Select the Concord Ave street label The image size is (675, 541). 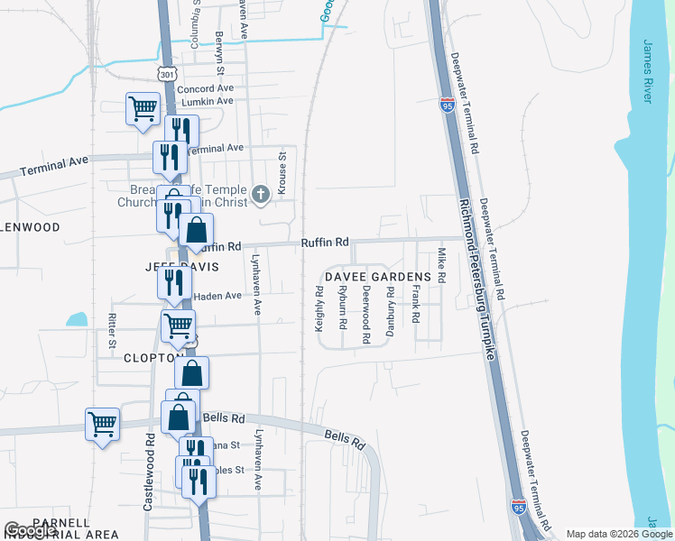pyautogui.click(x=205, y=89)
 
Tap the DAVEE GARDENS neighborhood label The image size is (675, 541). pyautogui.click(x=378, y=276)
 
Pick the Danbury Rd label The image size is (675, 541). pyautogui.click(x=391, y=311)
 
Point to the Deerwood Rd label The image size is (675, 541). pyautogui.click(x=366, y=316)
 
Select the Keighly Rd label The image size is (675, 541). pyautogui.click(x=319, y=309)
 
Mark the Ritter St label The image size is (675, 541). pyautogui.click(x=113, y=331)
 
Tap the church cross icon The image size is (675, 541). pyautogui.click(x=261, y=194)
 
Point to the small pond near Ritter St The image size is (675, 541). pyautogui.click(x=77, y=319)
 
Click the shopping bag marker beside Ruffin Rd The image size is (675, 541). pyautogui.click(x=196, y=232)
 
